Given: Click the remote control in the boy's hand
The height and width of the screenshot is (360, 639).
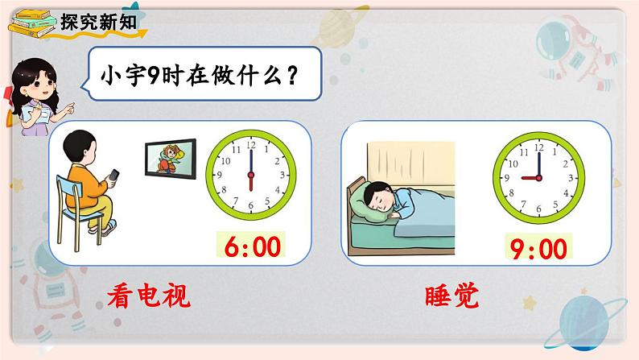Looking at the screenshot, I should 115,174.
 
